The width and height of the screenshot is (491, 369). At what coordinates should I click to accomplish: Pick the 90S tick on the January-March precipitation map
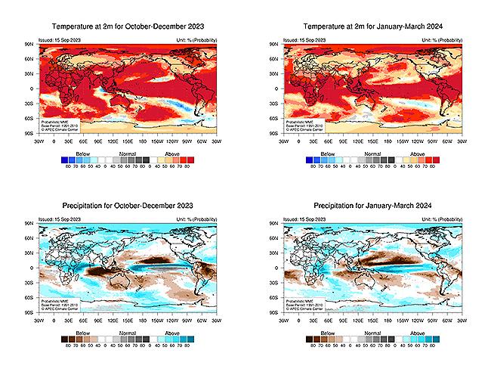coord(275,312)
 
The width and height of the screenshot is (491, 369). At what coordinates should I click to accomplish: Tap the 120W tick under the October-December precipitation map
coord(170,318)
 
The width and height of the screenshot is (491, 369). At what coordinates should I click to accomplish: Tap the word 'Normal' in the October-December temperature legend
coord(126,152)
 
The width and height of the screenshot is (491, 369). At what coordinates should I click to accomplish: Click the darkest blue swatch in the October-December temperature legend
coord(65,159)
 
